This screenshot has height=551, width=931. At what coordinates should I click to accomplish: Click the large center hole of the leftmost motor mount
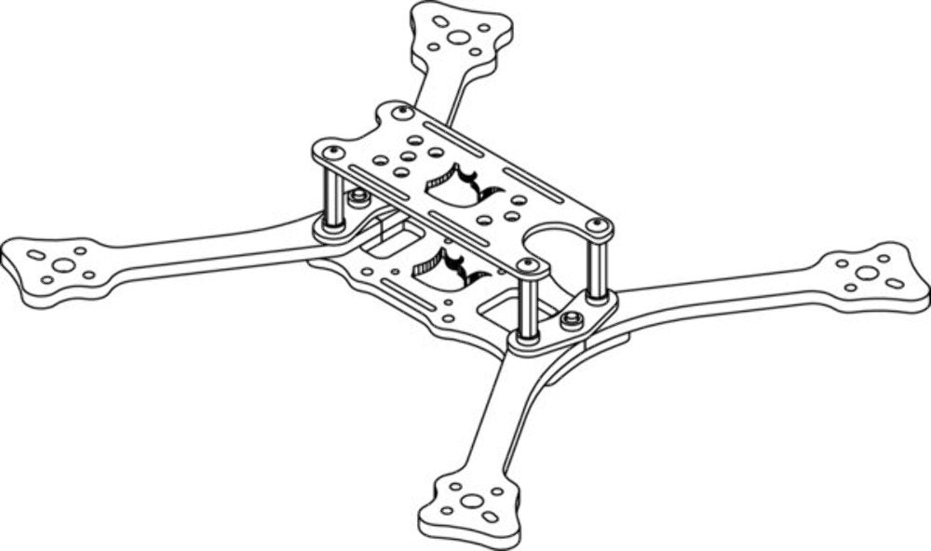click(x=63, y=265)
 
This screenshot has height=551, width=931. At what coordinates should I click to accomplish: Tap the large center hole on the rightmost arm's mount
click(x=867, y=273)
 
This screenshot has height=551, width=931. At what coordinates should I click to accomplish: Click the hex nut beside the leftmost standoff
click(x=358, y=198)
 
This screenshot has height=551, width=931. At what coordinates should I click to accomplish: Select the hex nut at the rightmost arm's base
click(x=573, y=319)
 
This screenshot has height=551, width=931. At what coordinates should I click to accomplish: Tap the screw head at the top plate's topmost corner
click(x=403, y=112)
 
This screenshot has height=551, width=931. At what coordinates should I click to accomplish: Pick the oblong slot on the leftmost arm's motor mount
click(x=36, y=255)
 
